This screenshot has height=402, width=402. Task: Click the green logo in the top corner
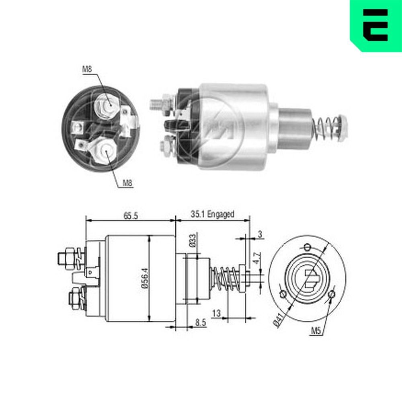376,25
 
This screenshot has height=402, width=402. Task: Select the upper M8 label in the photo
87,69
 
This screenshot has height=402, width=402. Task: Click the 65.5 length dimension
130,216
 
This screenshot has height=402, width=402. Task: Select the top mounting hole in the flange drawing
308,246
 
